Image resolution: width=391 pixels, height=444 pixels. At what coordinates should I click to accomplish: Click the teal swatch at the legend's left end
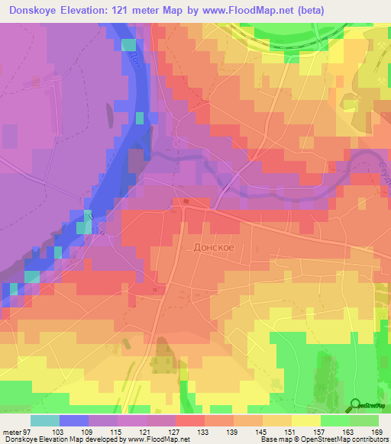pyautogui.click(x=45, y=420)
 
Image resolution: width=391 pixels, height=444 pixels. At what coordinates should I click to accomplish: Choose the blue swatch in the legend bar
pyautogui.click(x=74, y=420)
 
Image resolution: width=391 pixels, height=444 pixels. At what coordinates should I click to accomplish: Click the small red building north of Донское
pyautogui.click(x=186, y=202)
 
